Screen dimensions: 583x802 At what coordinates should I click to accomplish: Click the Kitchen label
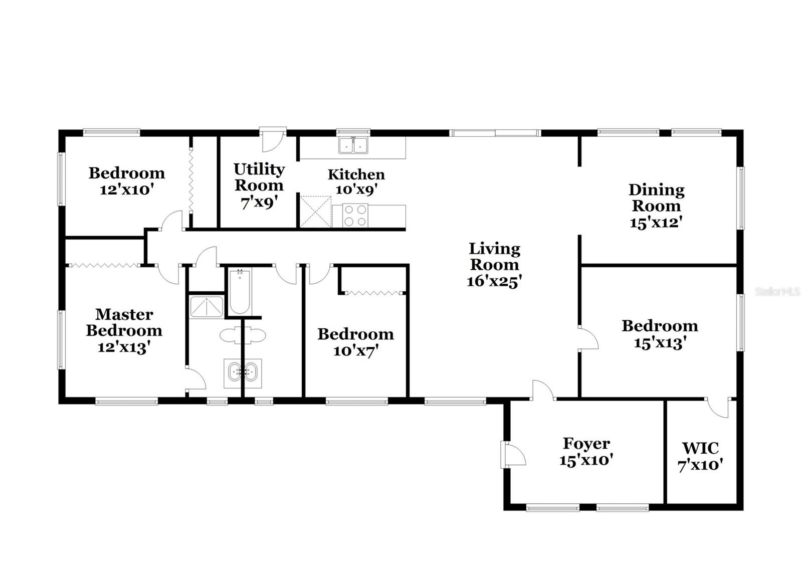[x=356, y=174]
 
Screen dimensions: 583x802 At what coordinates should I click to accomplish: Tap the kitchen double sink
[x=353, y=145]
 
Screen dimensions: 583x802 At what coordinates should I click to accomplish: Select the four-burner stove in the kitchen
[x=355, y=216]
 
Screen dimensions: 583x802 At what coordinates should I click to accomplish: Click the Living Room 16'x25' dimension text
[x=494, y=281]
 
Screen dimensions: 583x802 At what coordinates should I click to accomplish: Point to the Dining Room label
[x=656, y=198]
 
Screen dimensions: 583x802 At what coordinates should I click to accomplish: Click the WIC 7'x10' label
[x=700, y=456]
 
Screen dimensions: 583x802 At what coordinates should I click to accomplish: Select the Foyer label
[x=586, y=444]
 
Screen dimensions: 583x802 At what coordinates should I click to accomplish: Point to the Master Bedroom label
[x=124, y=322]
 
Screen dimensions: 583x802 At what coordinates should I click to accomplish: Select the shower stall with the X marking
[x=206, y=307]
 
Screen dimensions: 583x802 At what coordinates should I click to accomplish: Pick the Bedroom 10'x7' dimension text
[x=355, y=350]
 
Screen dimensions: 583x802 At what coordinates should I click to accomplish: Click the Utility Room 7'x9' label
[x=259, y=185]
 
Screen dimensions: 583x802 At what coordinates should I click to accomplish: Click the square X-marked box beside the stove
[x=315, y=212]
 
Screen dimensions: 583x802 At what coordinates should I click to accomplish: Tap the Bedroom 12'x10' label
[x=126, y=181]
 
